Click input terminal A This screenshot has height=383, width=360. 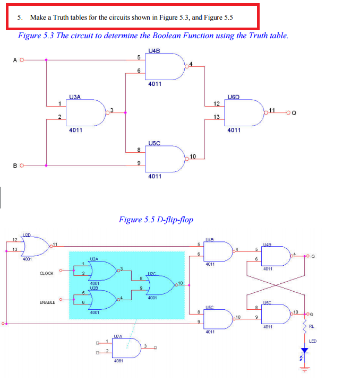[x=22, y=59]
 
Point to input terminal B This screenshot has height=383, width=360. [x=22, y=166]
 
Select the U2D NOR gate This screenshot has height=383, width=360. [x=34, y=246]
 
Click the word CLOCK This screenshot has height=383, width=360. [x=47, y=273]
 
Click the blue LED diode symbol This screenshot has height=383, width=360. [x=305, y=351]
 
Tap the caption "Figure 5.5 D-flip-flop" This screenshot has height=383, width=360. [x=156, y=219]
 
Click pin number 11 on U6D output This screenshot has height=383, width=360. [x=272, y=109]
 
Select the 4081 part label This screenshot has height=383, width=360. [x=118, y=361]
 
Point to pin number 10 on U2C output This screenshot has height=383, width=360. [x=181, y=283]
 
